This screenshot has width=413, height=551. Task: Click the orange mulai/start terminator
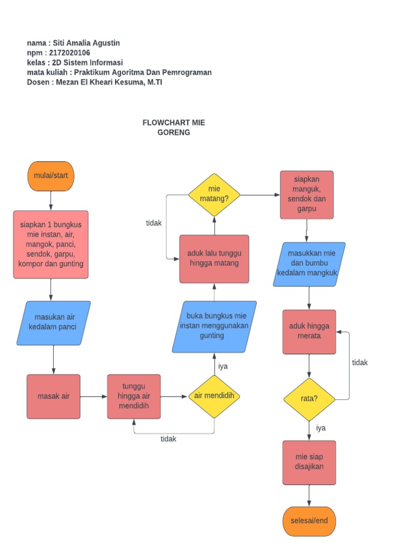(x=51, y=176)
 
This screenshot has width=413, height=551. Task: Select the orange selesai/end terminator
(x=309, y=521)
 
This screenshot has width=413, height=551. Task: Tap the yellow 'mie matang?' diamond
(x=214, y=194)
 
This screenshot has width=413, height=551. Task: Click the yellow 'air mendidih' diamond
(x=214, y=397)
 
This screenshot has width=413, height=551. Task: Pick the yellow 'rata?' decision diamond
(x=309, y=399)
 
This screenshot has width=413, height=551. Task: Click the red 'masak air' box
(x=53, y=397)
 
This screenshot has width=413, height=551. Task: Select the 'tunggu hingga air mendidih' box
(x=133, y=397)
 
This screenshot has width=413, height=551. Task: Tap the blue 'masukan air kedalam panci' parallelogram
(x=53, y=322)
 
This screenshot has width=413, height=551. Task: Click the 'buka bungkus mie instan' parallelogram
(x=214, y=326)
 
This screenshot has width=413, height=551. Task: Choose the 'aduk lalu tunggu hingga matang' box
(x=214, y=259)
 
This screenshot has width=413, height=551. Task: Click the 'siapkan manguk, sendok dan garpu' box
(x=307, y=195)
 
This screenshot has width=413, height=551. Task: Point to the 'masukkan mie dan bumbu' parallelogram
(x=309, y=264)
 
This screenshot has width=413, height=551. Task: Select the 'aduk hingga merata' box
(x=309, y=331)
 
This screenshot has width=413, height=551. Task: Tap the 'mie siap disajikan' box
(x=309, y=462)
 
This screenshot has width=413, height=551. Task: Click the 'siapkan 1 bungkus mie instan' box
(x=51, y=244)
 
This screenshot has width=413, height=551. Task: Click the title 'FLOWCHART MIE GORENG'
(x=174, y=128)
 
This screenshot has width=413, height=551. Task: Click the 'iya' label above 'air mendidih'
(x=223, y=366)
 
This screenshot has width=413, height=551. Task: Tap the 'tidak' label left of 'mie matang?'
(x=154, y=223)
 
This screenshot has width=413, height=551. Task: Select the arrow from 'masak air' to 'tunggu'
(x=94, y=397)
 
